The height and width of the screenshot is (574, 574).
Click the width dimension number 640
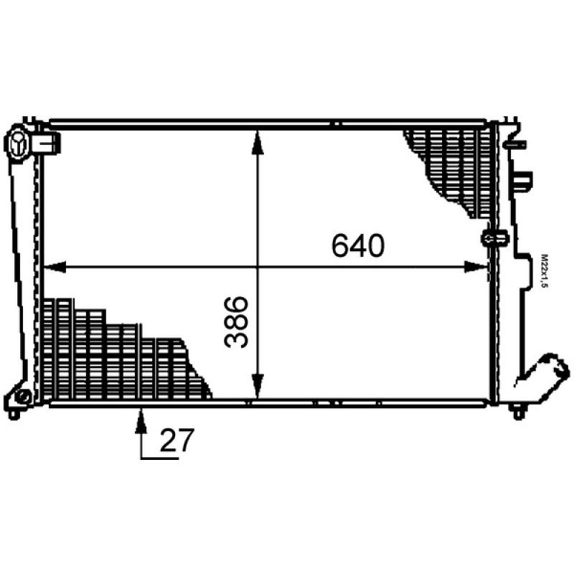click(358, 246)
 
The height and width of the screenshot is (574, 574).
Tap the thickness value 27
click(177, 441)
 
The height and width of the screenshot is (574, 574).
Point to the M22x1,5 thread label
click(544, 270)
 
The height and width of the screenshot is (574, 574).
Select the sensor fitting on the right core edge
click(494, 237)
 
